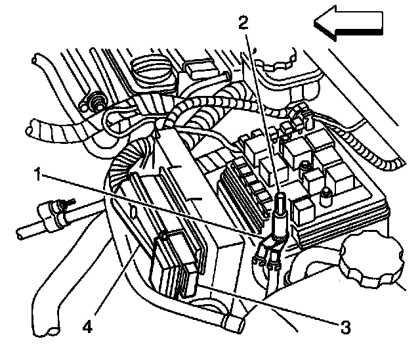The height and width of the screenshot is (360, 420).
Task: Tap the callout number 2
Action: pyautogui.click(x=243, y=24)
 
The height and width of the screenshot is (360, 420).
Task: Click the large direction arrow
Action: pyautogui.click(x=348, y=24)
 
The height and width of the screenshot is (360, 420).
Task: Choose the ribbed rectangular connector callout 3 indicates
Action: pyautogui.click(x=174, y=263)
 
